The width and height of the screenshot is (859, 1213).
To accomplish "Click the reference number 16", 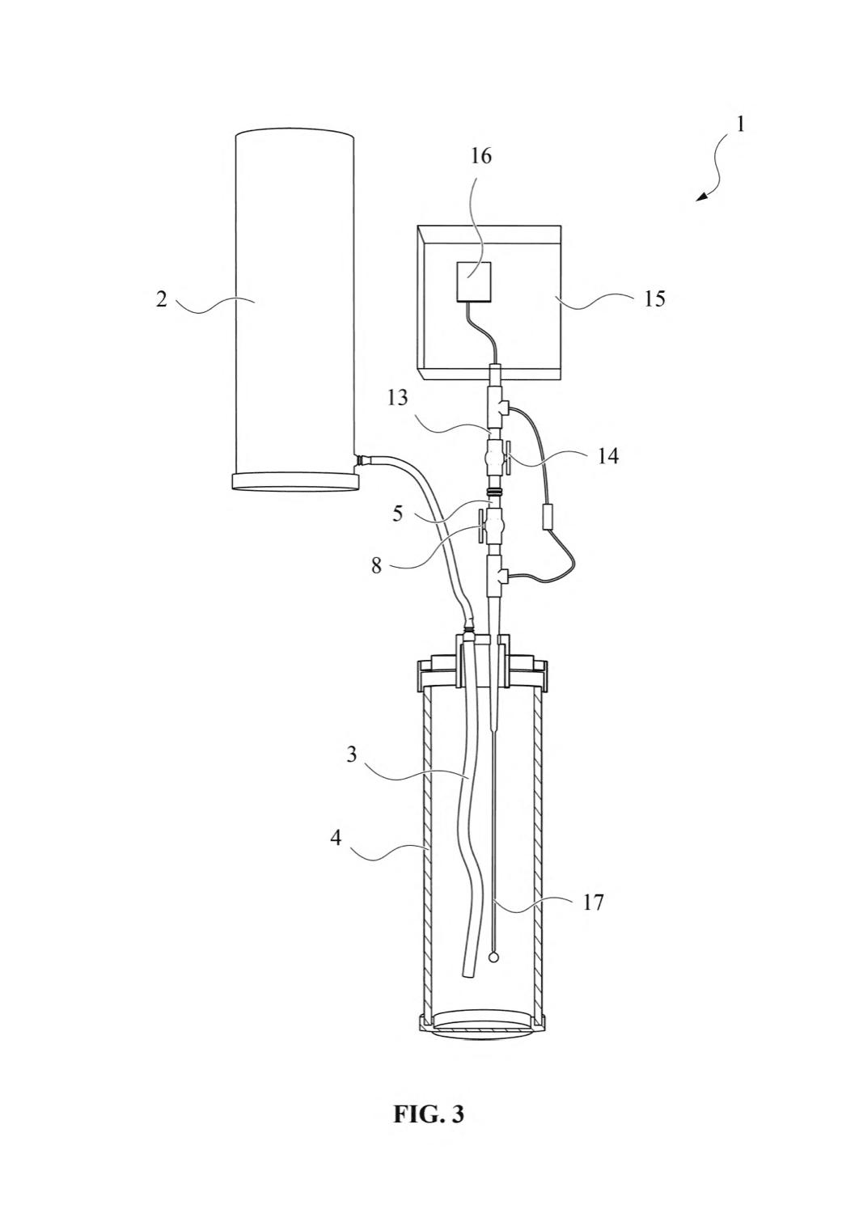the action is coord(480,157).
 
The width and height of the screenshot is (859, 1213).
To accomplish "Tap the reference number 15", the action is coord(655,299).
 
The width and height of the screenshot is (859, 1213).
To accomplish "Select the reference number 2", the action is coord(162,299).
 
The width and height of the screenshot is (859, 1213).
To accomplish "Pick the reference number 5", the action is coord(398,514).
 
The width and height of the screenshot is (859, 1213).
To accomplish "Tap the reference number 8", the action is coord(376,566).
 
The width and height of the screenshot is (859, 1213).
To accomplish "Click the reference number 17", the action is coord(593,902).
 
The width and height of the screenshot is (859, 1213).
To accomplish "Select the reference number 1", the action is coord(740,125).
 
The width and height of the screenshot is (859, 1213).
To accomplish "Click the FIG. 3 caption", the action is coord(429,1100).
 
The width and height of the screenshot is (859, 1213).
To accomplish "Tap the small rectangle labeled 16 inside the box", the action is coord(474,281).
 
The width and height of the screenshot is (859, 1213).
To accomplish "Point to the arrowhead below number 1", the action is coord(702,197).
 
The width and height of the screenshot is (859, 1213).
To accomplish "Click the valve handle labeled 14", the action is coord(509,459).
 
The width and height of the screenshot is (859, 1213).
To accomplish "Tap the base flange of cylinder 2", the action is coord(294,482).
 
